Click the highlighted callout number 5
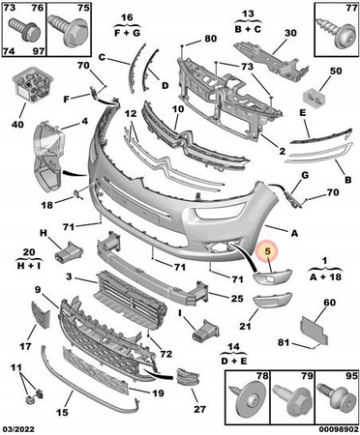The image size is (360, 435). [268, 251]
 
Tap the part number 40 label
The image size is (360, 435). [17, 124]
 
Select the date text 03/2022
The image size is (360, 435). [17, 429]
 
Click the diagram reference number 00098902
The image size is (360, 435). [339, 429]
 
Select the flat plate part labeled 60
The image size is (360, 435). [314, 331]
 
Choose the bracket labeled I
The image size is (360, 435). [205, 330]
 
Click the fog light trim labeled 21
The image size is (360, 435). [273, 300]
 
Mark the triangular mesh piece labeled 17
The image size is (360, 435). [40, 315]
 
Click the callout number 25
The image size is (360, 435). [236, 299]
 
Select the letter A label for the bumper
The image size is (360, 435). [294, 233]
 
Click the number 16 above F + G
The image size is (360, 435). [127, 18]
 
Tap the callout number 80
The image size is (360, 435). [210, 39]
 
